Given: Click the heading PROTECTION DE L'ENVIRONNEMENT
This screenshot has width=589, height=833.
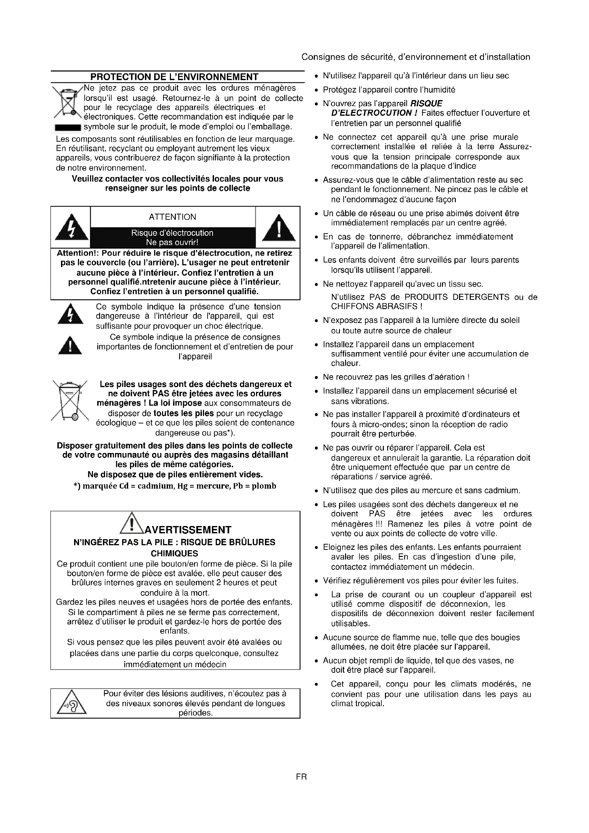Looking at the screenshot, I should tap(174, 77).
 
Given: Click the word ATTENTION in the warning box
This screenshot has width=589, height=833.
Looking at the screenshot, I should tap(172, 217).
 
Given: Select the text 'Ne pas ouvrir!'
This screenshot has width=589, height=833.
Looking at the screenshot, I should tap(172, 243).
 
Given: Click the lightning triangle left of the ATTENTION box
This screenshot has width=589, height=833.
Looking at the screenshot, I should tap(72, 228).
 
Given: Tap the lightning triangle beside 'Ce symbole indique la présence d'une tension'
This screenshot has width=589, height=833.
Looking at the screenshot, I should tap(71, 314).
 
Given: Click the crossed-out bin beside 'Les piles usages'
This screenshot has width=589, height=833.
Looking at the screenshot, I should tap(70, 401).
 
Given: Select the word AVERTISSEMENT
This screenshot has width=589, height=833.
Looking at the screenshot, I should tap(188, 530).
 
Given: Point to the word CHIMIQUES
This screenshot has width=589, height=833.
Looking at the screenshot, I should tap(174, 554).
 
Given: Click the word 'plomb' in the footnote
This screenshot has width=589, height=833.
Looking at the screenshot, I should tap(264, 486).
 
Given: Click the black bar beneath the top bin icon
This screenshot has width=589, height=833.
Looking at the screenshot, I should tap(68, 128).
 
